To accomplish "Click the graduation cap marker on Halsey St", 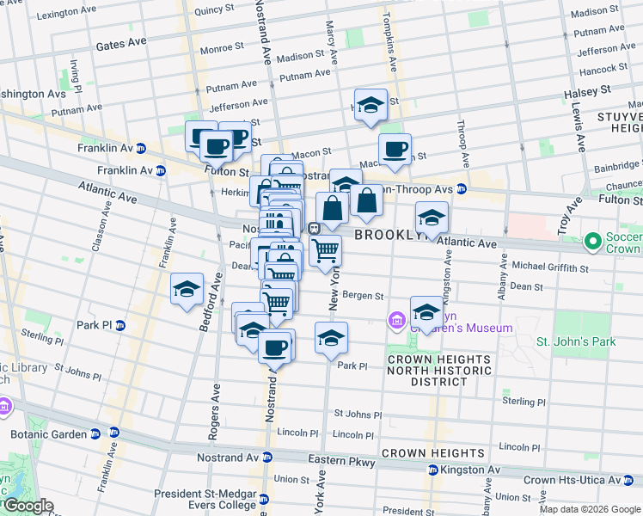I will (x=370, y=106).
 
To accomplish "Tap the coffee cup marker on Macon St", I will (x=395, y=150).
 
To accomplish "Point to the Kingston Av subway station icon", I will (x=433, y=470).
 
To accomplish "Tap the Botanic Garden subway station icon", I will (x=113, y=433).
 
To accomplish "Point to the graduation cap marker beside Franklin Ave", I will (x=187, y=290).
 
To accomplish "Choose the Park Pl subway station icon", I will (x=119, y=326).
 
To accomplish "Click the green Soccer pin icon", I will (x=592, y=243).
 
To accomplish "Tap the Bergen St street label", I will (x=363, y=296).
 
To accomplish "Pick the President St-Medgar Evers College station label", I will (x=206, y=499).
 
